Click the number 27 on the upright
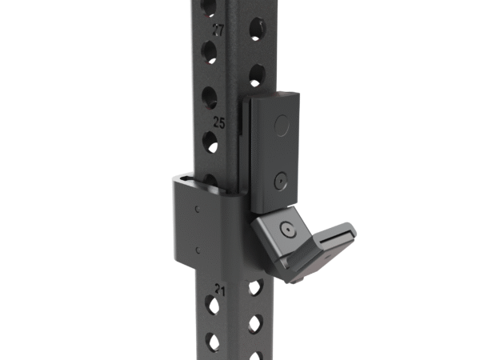[218, 30]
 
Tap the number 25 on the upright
[218, 122]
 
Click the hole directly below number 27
[210, 53]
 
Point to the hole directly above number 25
[210, 98]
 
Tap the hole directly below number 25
[210, 145]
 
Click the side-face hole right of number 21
[255, 286]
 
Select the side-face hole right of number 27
[256, 30]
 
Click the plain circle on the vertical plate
[281, 124]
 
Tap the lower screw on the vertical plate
[279, 182]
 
